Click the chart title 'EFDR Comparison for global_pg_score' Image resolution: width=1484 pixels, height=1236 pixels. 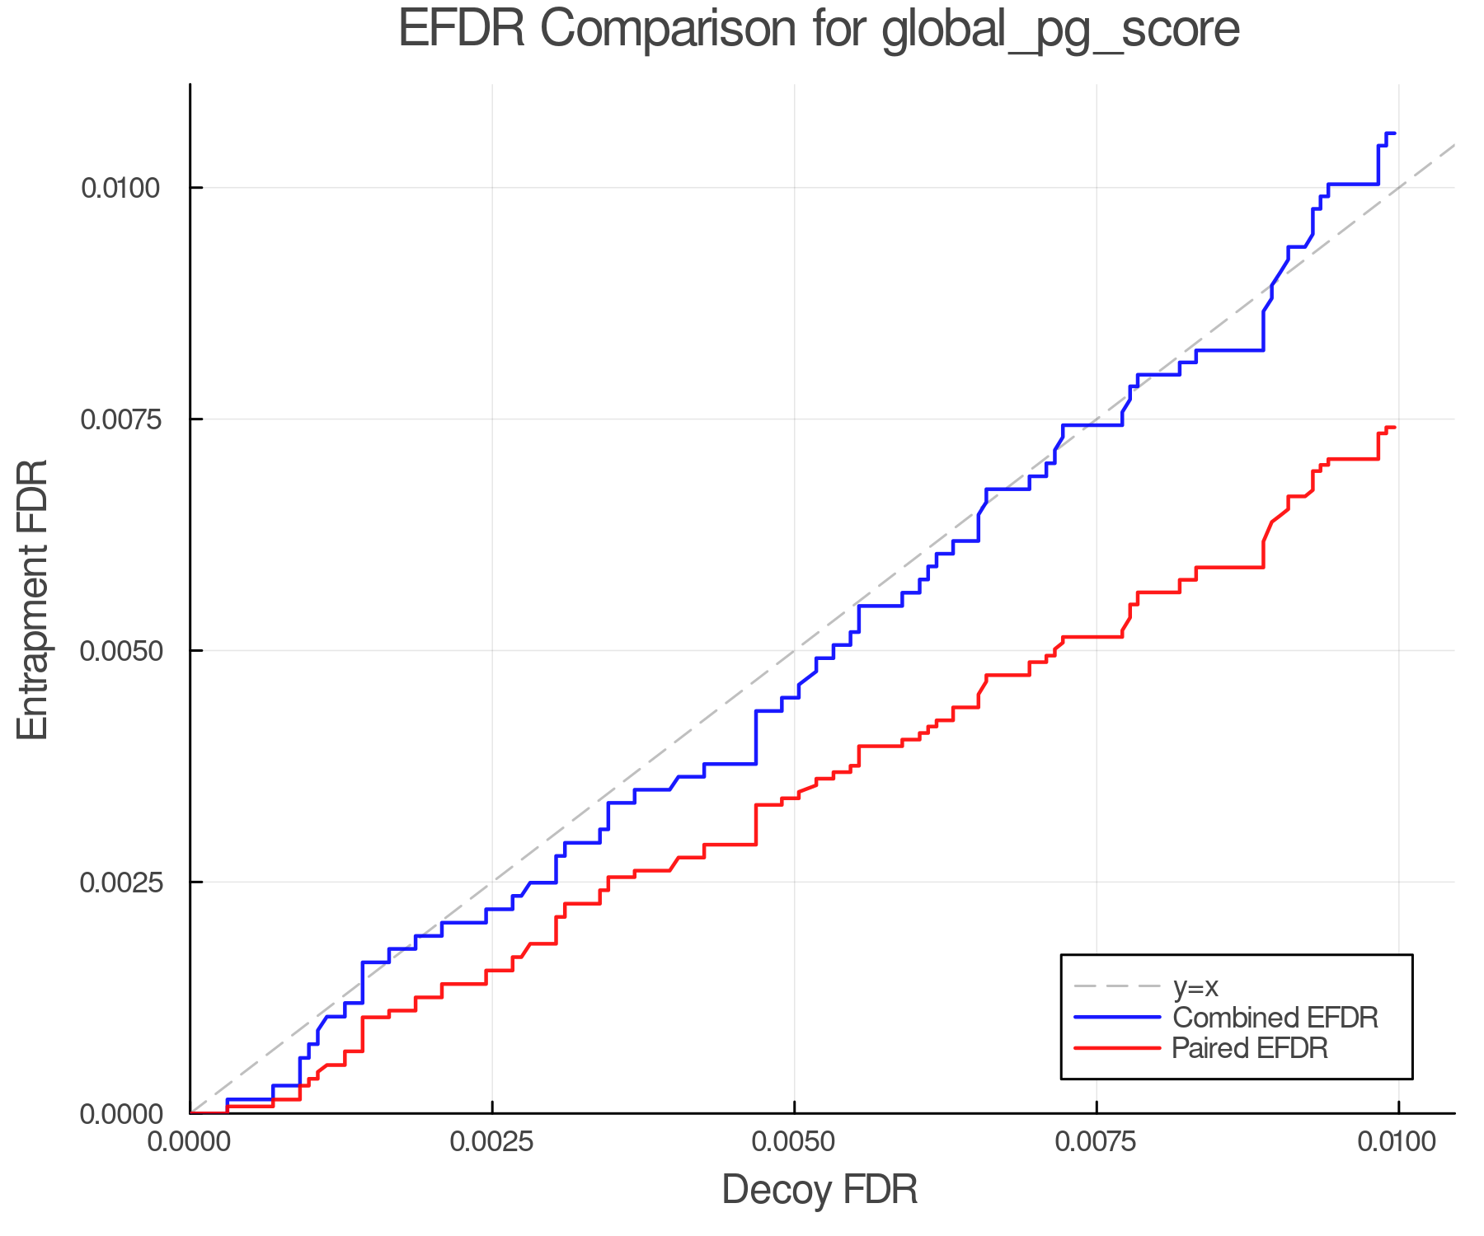pyautogui.click(x=819, y=30)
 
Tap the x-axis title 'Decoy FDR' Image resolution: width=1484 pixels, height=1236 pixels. pyautogui.click(x=819, y=1190)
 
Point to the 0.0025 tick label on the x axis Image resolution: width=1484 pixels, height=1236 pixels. pyautogui.click(x=492, y=1143)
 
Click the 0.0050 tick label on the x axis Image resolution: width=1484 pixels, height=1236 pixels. pyautogui.click(x=794, y=1143)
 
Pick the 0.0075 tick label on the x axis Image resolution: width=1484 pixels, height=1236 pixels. pyautogui.click(x=1097, y=1143)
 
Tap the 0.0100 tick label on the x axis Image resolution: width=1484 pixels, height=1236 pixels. pyautogui.click(x=1398, y=1143)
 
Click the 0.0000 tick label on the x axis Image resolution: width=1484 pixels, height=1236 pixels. pyautogui.click(x=190, y=1143)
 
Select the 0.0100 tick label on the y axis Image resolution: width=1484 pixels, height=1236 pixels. pyautogui.click(x=120, y=188)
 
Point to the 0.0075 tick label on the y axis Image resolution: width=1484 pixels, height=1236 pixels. pyautogui.click(x=120, y=419)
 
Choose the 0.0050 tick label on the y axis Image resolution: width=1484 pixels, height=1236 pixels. pyautogui.click(x=120, y=651)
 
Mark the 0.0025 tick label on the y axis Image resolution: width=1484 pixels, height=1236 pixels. pyautogui.click(x=120, y=883)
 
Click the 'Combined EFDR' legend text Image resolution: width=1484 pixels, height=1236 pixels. pyautogui.click(x=1275, y=1018)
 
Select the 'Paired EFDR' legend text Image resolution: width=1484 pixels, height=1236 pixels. pyautogui.click(x=1250, y=1048)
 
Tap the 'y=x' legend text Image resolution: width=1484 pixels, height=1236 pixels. pyautogui.click(x=1195, y=986)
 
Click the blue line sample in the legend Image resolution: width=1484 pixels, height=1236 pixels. pyautogui.click(x=1117, y=1018)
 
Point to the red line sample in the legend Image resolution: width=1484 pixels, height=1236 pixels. pyautogui.click(x=1117, y=1048)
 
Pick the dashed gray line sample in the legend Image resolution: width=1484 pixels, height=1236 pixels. pyautogui.click(x=1117, y=986)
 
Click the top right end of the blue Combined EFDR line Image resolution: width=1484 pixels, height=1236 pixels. pyautogui.click(x=1394, y=133)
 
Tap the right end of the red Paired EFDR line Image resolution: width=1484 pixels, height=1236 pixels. pyautogui.click(x=1394, y=428)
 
